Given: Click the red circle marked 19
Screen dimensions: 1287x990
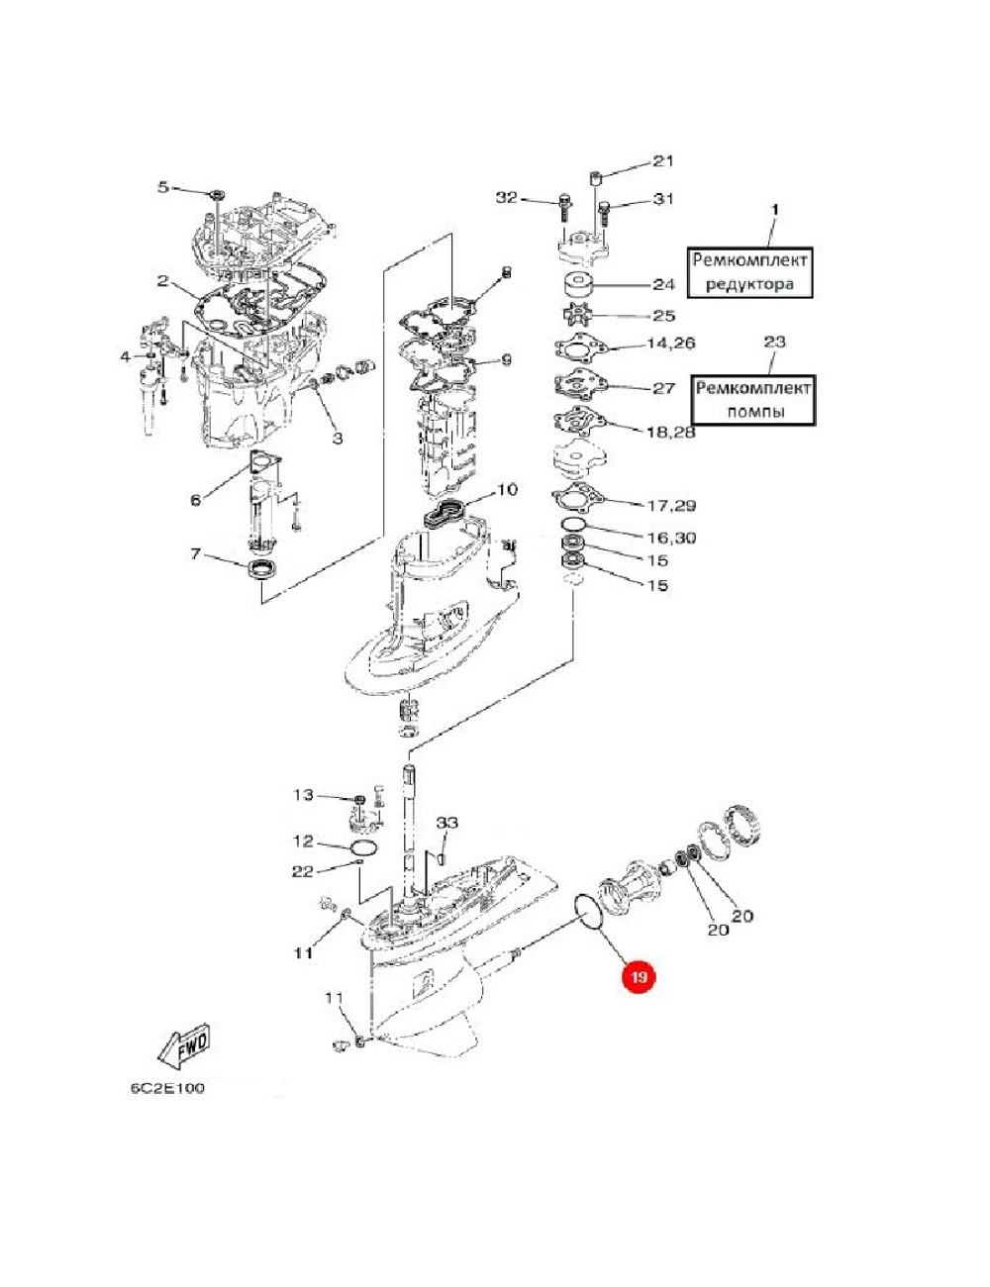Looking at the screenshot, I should pos(639,978).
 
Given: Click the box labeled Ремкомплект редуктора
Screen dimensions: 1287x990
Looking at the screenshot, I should pos(749,272).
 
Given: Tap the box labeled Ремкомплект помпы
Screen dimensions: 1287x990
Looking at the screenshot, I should pos(754,399).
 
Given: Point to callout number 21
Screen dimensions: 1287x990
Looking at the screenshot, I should pos(662,161).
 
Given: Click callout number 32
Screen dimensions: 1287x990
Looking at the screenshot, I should pos(507,198).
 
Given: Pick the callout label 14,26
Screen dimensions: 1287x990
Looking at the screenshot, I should pos(671,344).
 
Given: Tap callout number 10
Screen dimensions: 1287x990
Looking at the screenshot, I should pos(506,489).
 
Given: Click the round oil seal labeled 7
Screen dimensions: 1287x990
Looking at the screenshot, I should pos(262,571).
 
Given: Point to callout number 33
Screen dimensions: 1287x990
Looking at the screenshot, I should pos(447,823).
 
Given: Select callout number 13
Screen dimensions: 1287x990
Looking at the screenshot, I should pos(302,795).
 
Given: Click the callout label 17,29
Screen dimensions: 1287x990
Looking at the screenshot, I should pos(671,505).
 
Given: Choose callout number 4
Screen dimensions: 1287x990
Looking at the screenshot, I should pos(125,355).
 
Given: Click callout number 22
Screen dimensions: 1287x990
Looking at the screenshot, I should pos(302,871).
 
